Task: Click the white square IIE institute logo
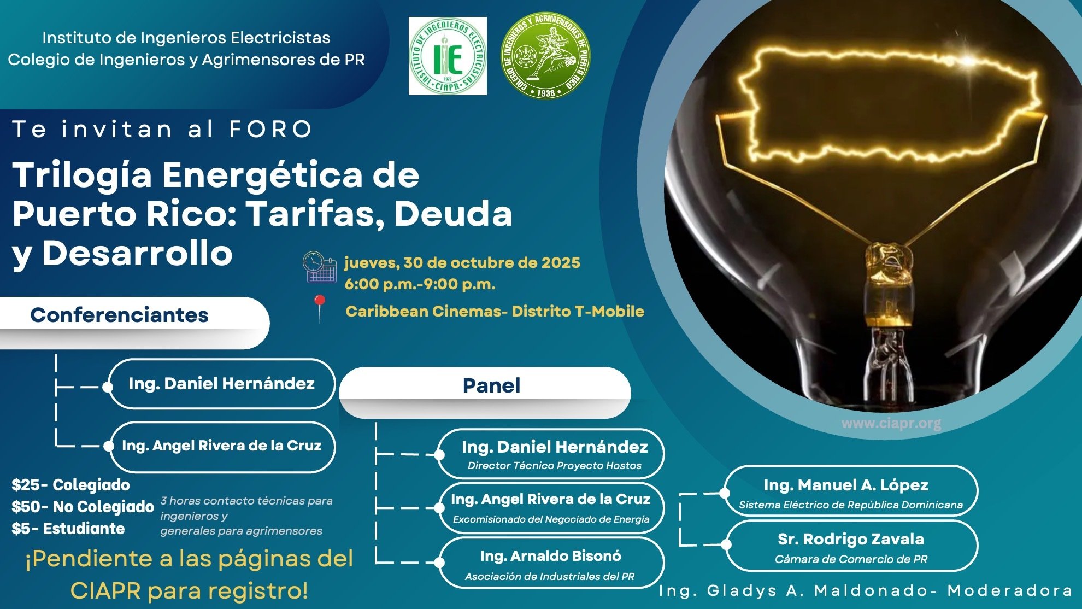click(448, 56)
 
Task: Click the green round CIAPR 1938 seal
click(545, 55)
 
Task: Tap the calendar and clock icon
click(319, 267)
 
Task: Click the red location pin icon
click(320, 308)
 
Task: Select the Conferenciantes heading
click(119, 315)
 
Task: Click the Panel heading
click(491, 385)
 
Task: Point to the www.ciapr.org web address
click(891, 424)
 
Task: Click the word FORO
click(270, 130)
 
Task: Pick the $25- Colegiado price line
click(71, 485)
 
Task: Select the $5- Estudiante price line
click(68, 529)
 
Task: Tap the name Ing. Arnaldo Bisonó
click(550, 556)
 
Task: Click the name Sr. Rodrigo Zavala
click(851, 539)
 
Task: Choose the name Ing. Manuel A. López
click(846, 485)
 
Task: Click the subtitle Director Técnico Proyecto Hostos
click(555, 466)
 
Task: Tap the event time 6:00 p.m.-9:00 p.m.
click(420, 284)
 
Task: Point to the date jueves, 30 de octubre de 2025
click(462, 263)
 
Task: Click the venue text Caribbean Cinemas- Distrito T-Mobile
click(495, 311)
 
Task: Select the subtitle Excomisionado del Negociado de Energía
click(551, 519)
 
